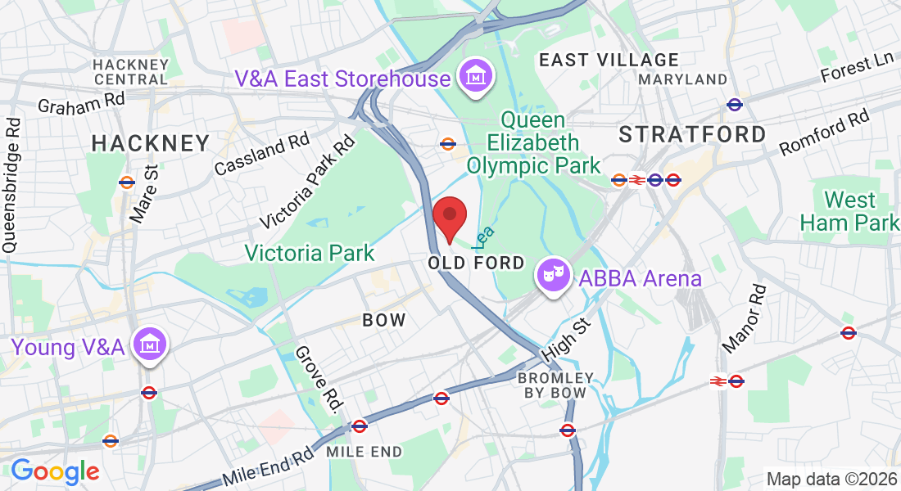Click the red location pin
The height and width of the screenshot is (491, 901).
[x=449, y=218]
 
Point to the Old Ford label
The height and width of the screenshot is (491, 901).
[x=476, y=263]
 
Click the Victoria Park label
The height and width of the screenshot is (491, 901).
[x=310, y=253]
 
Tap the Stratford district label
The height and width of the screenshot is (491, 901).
[x=692, y=134]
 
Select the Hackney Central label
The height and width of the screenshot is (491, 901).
[x=131, y=72]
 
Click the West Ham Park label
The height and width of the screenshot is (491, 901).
[x=849, y=210]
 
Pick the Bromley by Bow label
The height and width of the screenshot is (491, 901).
[x=555, y=385]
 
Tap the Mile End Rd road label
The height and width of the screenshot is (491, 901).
[x=269, y=467]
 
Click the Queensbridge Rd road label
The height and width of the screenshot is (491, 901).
[x=12, y=186]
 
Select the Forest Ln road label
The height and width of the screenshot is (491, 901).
[x=858, y=70]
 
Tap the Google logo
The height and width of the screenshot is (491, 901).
[x=55, y=471]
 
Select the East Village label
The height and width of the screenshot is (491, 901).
[x=609, y=60]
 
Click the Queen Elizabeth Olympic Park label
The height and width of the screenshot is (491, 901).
[x=533, y=142]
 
